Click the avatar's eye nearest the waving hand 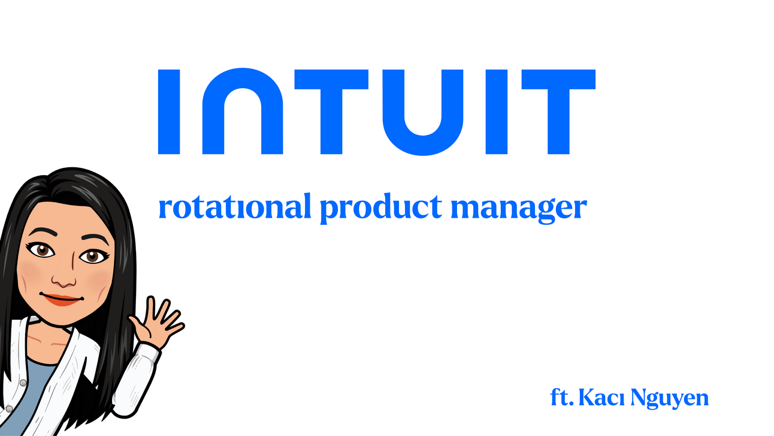[92, 256]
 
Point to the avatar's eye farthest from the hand [41, 250]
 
